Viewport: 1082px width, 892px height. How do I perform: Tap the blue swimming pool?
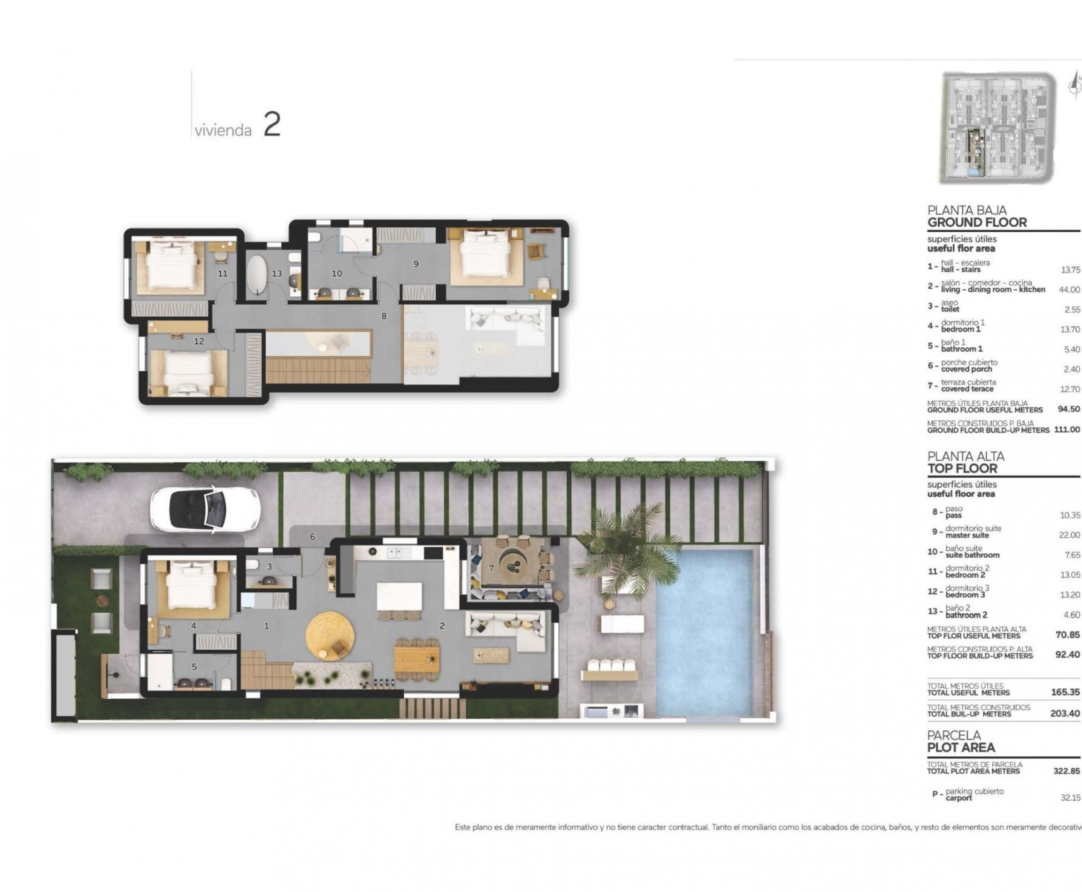(705, 631)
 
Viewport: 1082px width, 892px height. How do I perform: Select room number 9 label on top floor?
(416, 264)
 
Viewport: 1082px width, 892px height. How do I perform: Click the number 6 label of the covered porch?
(312, 537)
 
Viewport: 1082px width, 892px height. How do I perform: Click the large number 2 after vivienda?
(272, 125)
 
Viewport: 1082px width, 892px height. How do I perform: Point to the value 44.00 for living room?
(1069, 290)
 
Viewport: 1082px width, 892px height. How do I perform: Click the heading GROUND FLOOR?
(977, 223)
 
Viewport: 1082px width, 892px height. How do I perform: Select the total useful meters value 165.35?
(1065, 692)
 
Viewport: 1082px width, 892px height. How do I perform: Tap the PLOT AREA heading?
(961, 747)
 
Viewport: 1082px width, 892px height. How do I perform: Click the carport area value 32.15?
(1070, 798)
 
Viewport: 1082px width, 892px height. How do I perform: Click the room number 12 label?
(199, 341)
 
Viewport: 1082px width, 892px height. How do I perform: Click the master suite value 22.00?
(1069, 535)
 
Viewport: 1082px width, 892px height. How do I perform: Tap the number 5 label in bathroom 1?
(194, 667)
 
